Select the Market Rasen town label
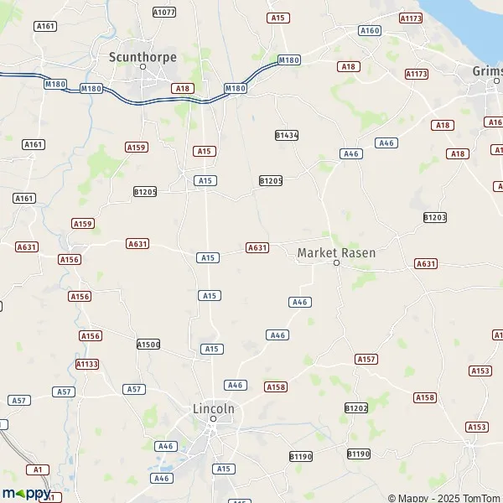click(337, 252)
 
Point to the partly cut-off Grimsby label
click(487, 70)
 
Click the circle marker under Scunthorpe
click(143, 66)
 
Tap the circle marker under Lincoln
click(213, 418)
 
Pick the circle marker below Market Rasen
click(336, 263)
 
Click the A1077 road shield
click(164, 13)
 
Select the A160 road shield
click(370, 30)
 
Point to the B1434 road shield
click(287, 134)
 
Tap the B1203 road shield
click(435, 217)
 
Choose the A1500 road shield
click(148, 345)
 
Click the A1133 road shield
click(87, 364)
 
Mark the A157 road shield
click(366, 359)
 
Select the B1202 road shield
click(356, 407)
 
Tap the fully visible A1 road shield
click(36, 469)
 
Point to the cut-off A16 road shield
click(495, 122)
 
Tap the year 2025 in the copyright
click(444, 497)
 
